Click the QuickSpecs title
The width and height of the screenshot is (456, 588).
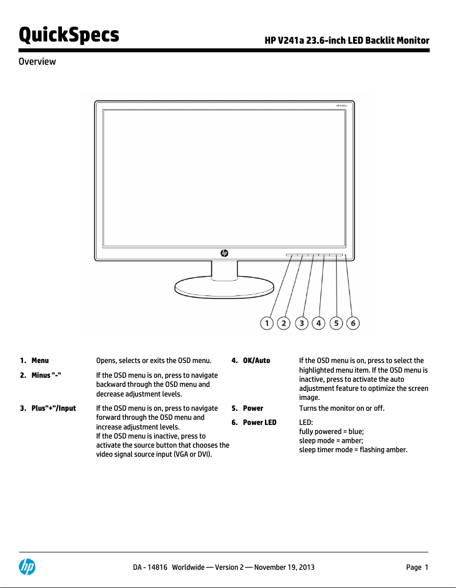[x=69, y=35]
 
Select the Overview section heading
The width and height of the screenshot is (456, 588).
[x=38, y=61]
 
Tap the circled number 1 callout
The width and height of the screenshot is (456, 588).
[x=266, y=323]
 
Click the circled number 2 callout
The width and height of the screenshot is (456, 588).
[x=283, y=323]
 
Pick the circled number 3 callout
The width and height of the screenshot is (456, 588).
[x=302, y=323]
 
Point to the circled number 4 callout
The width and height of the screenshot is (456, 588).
[x=319, y=323]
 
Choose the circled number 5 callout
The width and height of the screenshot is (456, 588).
[x=337, y=323]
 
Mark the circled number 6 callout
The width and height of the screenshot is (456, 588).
[x=353, y=323]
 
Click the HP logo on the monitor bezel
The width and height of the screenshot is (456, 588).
[x=224, y=253]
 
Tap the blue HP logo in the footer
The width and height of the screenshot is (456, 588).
[x=27, y=566]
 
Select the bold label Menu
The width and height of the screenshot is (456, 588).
[x=40, y=361]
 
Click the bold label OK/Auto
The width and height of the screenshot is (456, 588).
[x=256, y=361]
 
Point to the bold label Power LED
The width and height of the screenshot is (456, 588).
[x=259, y=422]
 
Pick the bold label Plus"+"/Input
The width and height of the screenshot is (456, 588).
[x=53, y=408]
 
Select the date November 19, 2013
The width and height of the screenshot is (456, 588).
[x=284, y=568]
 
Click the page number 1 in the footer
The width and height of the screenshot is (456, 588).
[x=426, y=568]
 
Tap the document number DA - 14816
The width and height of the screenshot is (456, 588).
[x=150, y=568]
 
